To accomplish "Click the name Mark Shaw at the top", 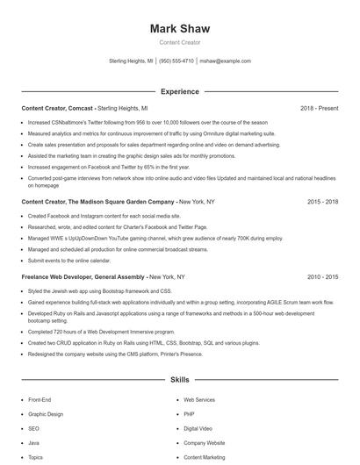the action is [179, 29].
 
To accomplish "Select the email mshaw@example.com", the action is [225, 61].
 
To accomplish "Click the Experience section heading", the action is [179, 91].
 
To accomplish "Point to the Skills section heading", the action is [179, 380].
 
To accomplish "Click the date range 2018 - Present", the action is [318, 108].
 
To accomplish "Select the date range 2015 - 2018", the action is [322, 201].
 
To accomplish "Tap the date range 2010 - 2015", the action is [322, 276].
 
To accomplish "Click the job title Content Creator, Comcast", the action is [57, 108].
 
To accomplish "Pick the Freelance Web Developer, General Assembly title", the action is [83, 276].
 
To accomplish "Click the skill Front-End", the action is [40, 399].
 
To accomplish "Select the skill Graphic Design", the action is [46, 413].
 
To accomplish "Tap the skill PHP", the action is [189, 413].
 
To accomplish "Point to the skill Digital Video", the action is [198, 428].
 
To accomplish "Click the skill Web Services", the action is [198, 399].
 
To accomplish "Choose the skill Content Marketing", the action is [204, 457].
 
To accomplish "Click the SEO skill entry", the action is [34, 428].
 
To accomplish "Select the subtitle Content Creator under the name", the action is [179, 43].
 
